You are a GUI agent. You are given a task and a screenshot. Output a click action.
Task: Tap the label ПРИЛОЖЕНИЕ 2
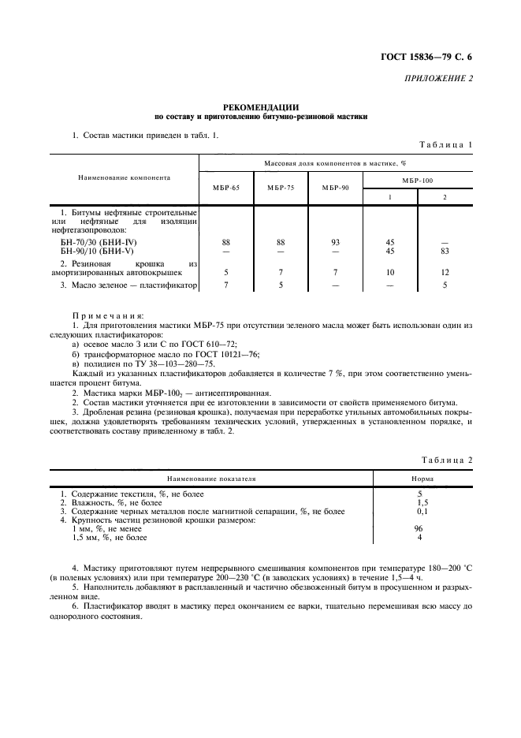point(439,79)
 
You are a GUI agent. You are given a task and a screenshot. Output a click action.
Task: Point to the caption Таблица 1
point(445,145)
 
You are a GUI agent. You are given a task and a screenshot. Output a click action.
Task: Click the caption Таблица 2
point(445,459)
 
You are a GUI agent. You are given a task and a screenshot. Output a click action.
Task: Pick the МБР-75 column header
point(281,188)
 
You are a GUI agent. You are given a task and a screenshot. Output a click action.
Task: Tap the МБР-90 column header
point(336,188)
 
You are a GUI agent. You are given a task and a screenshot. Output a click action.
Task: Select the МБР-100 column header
point(417,180)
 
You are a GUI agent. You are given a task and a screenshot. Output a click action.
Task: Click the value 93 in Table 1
point(336,242)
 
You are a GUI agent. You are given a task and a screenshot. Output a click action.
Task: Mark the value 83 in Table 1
point(445,251)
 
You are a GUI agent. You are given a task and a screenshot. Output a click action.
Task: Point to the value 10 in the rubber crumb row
point(390,272)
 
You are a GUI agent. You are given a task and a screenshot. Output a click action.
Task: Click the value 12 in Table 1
point(445,272)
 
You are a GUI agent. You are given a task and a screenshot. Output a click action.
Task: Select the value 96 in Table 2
point(419,529)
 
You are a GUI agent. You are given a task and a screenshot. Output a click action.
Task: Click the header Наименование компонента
point(125,177)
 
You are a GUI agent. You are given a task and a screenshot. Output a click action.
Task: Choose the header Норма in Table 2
point(421,478)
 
